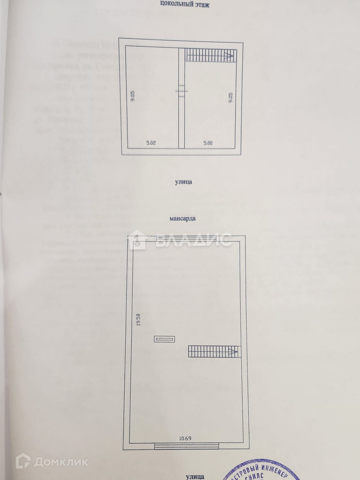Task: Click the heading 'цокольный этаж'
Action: (x=184, y=4)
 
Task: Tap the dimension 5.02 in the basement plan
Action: (x=151, y=143)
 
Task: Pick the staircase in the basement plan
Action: (x=211, y=55)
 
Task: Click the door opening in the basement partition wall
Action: (x=181, y=90)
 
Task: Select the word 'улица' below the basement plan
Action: (x=184, y=182)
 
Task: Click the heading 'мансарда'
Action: (x=182, y=219)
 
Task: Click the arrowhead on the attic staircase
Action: (x=233, y=352)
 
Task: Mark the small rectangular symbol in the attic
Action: (x=164, y=339)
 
